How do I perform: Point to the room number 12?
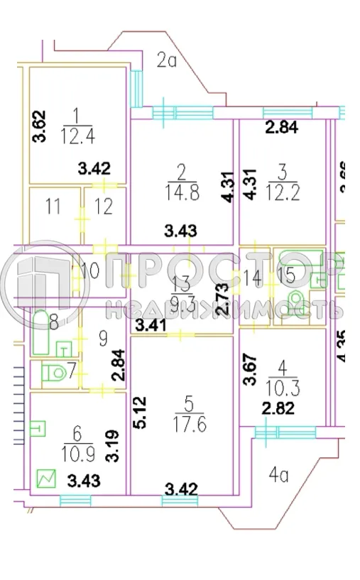[x=104, y=208]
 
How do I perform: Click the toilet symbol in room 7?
[x=54, y=372]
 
